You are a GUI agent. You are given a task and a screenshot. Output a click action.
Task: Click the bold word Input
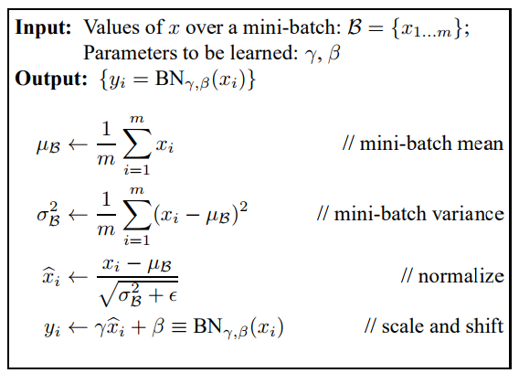[x=43, y=27]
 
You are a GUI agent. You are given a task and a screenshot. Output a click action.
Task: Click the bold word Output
[x=51, y=79]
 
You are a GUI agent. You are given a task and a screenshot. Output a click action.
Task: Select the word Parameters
[x=130, y=53]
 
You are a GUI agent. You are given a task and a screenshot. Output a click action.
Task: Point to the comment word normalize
[x=461, y=276]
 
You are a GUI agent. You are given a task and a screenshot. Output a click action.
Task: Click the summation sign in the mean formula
[x=137, y=144]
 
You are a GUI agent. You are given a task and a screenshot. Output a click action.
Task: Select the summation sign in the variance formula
[x=137, y=214]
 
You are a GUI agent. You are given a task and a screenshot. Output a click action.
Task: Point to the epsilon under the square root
[x=173, y=296]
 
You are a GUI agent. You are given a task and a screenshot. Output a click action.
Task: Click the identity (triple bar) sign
[x=179, y=326]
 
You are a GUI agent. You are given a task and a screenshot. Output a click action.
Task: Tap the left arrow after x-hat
[x=78, y=277]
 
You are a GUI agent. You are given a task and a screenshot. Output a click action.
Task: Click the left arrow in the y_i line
[x=78, y=327]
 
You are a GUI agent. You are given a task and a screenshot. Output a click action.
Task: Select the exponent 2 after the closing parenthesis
[x=243, y=208]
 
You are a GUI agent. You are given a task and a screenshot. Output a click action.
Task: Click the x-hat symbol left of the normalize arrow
[x=51, y=277]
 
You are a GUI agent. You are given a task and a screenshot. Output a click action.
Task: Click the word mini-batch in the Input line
[x=291, y=27]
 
